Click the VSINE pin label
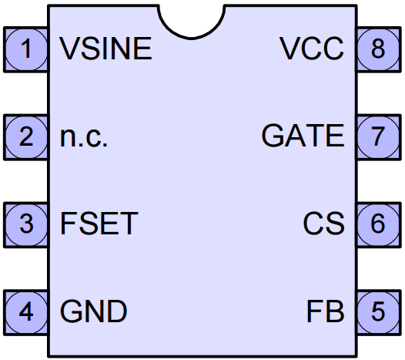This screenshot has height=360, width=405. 105,49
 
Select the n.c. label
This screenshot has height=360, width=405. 83,136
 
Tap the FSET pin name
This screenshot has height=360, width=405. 99,224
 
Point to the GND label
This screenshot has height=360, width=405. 93,311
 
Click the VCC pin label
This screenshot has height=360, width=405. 312,49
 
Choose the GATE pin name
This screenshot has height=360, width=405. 303,136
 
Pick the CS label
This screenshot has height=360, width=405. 323,224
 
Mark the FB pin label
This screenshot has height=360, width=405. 326,311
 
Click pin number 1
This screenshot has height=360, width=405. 27,49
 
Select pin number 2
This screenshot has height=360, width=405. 26,136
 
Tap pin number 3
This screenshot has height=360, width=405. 26,224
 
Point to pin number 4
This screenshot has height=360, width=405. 26,311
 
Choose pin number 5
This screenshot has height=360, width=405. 378,311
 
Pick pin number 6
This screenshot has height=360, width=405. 378,224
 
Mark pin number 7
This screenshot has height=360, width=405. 378,136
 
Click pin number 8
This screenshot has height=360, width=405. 378,49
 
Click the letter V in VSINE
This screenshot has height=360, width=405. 70,49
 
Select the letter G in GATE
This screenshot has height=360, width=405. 273,136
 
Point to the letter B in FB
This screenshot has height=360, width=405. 335,311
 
